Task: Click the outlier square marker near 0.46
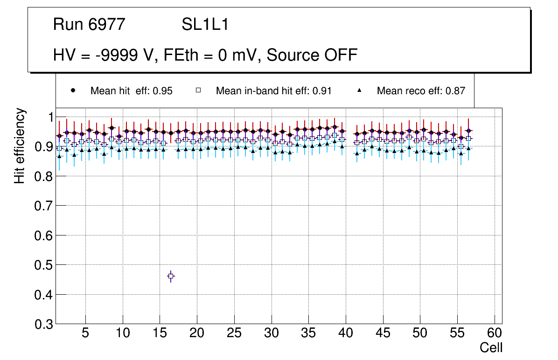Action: pyautogui.click(x=171, y=276)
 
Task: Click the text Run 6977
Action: pyautogui.click(x=89, y=25)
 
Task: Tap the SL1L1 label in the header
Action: pyautogui.click(x=205, y=25)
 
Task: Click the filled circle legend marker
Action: pyautogui.click(x=72, y=90)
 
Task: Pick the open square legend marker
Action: pyautogui.click(x=198, y=90)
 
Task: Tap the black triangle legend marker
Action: pyautogui.click(x=359, y=90)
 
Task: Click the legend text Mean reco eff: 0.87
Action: pyautogui.click(x=421, y=91)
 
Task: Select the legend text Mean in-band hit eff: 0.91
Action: pyautogui.click(x=273, y=91)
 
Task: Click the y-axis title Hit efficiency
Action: pyautogui.click(x=20, y=145)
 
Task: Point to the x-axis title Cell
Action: pyautogui.click(x=491, y=347)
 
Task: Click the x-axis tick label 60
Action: pyautogui.click(x=495, y=333)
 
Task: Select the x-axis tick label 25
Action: pyautogui.click(x=234, y=333)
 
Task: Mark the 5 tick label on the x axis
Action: pyautogui.click(x=85, y=333)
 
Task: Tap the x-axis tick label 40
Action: pyautogui.click(x=346, y=333)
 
